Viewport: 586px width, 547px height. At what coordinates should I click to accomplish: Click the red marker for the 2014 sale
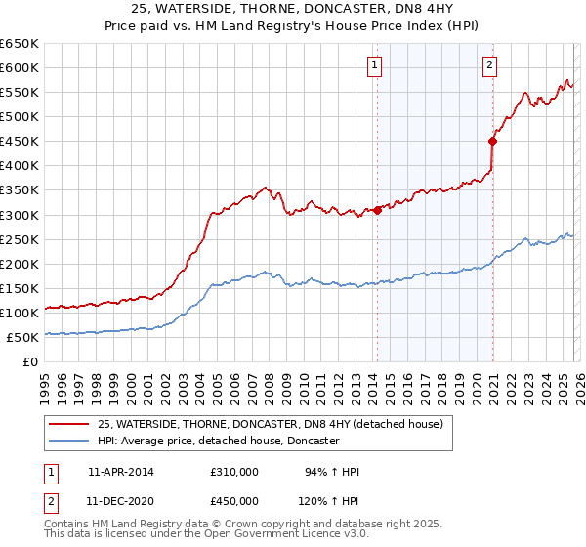(x=377, y=209)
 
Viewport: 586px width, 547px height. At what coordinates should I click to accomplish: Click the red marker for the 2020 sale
(x=492, y=141)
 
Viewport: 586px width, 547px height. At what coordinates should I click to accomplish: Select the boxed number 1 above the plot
(x=375, y=65)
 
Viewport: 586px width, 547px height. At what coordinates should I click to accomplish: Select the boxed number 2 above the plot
(x=489, y=65)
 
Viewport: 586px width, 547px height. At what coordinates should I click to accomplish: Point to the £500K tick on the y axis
(x=21, y=116)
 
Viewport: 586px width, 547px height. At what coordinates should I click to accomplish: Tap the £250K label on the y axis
(x=21, y=239)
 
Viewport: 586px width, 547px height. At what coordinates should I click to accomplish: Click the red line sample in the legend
(x=70, y=425)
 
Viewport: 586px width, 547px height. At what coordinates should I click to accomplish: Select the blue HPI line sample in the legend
(x=70, y=442)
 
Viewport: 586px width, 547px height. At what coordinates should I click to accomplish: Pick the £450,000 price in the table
(x=233, y=500)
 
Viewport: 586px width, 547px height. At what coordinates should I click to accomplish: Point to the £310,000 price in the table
(x=233, y=472)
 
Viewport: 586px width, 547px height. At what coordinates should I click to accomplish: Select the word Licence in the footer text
(x=264, y=535)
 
